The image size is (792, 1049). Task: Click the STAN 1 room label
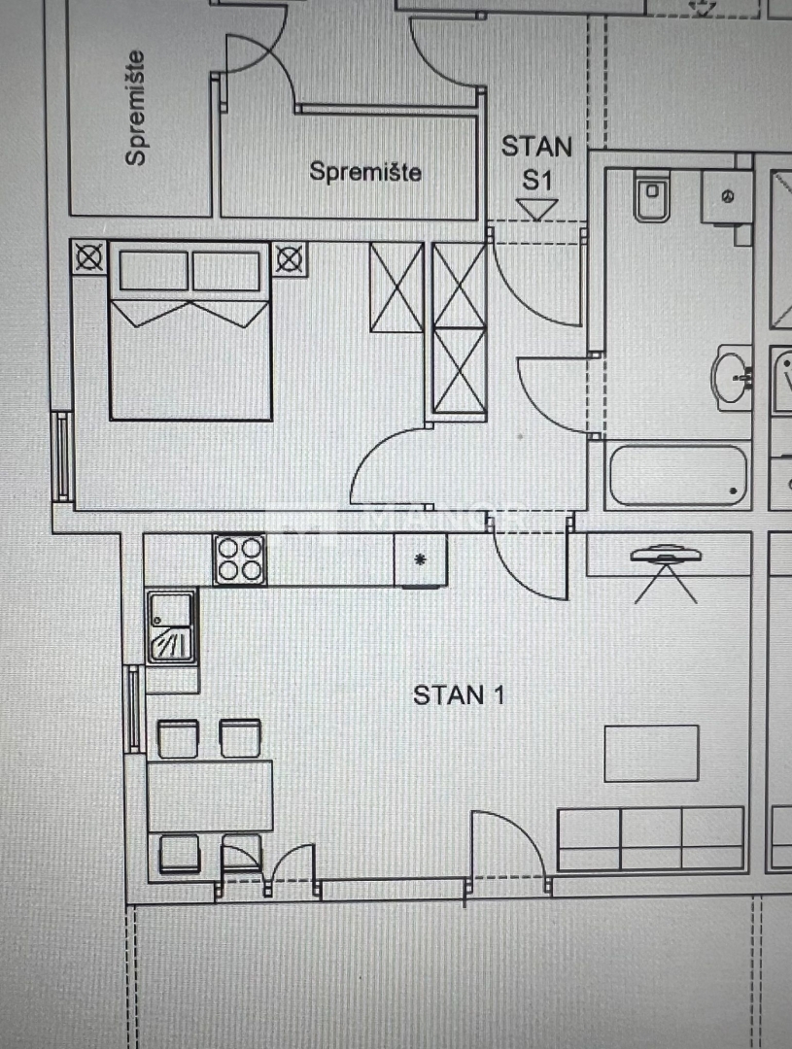pos(459,695)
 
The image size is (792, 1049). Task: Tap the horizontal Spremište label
pos(365,172)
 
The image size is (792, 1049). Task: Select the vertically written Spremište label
pos(137,108)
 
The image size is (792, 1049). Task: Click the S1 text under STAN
pos(537,180)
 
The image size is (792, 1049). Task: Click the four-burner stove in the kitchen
pos(239,559)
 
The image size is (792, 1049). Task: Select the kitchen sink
pos(171,627)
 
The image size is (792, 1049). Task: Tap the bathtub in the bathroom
pos(678,475)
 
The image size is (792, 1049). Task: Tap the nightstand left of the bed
pos(89,257)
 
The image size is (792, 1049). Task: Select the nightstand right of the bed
pos(290,257)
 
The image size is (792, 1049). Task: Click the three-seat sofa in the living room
pos(651,838)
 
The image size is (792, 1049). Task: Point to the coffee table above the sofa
pos(651,753)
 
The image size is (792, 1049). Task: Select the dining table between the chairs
pos(210,796)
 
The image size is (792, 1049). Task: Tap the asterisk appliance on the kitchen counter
pos(420,560)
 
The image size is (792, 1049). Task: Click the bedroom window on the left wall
pos(62,457)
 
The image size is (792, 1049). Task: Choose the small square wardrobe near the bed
pos(396,288)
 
